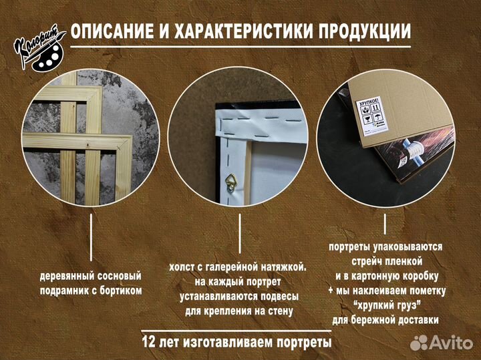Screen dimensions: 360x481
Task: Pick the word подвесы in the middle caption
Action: tap(276, 296)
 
